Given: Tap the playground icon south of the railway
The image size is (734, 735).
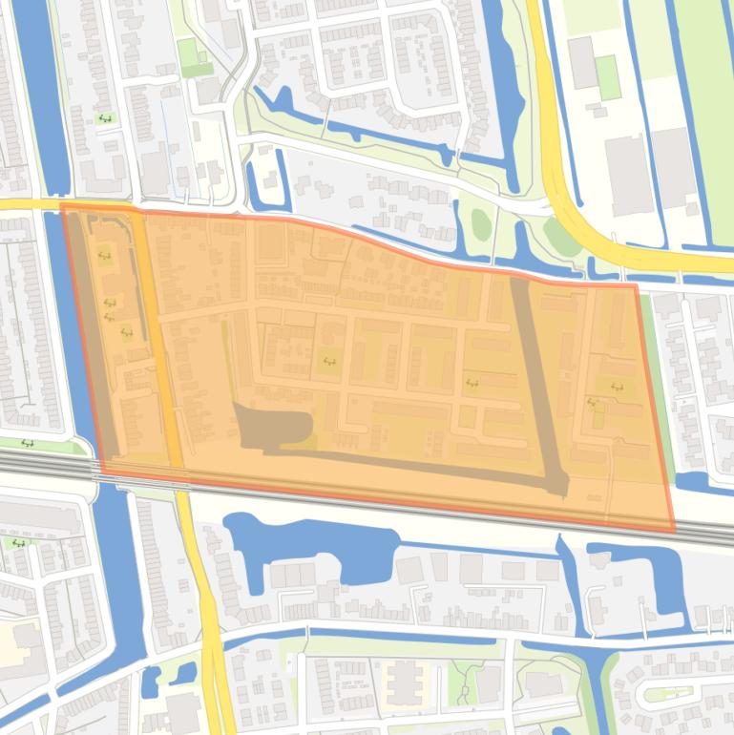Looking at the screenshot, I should click(x=19, y=543).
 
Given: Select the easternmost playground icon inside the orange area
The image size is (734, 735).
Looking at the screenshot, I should click(x=617, y=388).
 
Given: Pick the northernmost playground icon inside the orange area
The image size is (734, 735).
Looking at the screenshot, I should click(x=104, y=257).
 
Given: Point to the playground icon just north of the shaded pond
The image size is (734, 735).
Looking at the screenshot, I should click(x=329, y=361).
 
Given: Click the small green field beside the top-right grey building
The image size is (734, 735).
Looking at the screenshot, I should click(x=608, y=77).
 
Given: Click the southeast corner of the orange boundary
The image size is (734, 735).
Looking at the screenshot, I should click(x=673, y=531).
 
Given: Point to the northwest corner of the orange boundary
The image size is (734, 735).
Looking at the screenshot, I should click(x=62, y=204).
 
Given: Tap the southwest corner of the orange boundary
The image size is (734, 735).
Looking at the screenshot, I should click(x=101, y=471).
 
